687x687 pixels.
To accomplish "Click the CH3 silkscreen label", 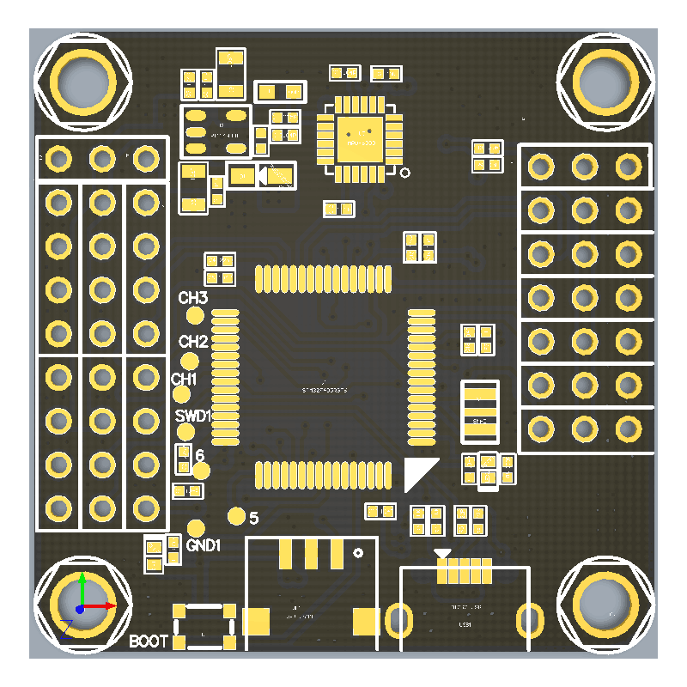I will [x=193, y=299].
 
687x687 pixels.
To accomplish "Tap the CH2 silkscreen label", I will [x=193, y=341].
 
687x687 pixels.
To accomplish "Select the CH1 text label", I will [x=185, y=379].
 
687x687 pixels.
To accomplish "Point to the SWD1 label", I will [x=192, y=416].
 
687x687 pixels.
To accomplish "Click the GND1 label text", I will [x=204, y=545].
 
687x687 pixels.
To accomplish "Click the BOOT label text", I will [x=149, y=641].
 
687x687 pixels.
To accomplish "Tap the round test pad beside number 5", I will [x=237, y=515].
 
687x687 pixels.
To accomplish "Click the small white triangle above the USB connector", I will [x=442, y=554].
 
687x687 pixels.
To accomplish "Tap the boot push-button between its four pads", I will [x=204, y=625].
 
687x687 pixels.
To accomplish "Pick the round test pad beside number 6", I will [x=201, y=471].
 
